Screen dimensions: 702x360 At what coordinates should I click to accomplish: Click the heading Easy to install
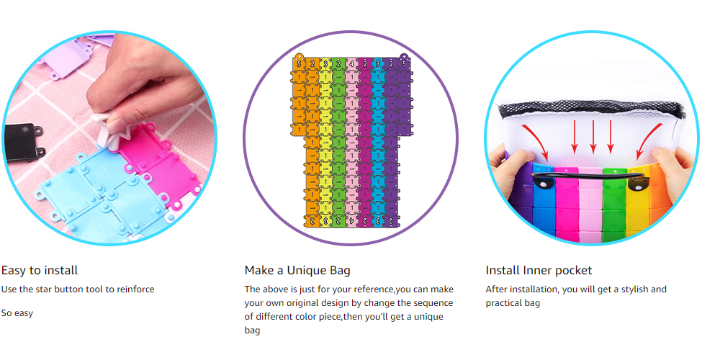[40, 271]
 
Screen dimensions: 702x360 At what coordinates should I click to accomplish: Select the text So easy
[17, 313]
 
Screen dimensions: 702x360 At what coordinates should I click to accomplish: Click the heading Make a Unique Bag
[297, 271]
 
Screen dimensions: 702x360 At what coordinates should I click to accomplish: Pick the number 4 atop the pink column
[351, 64]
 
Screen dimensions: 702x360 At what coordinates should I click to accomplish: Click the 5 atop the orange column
[299, 64]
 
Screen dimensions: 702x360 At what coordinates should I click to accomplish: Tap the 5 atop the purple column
[404, 64]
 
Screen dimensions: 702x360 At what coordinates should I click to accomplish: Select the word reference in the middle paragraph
[375, 289]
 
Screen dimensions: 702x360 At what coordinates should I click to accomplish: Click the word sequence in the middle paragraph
[433, 303]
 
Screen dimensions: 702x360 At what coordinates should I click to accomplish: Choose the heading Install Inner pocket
[539, 271]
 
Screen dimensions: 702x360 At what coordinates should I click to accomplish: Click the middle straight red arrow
[593, 137]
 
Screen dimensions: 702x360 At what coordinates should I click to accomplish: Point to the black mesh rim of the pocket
[592, 109]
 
